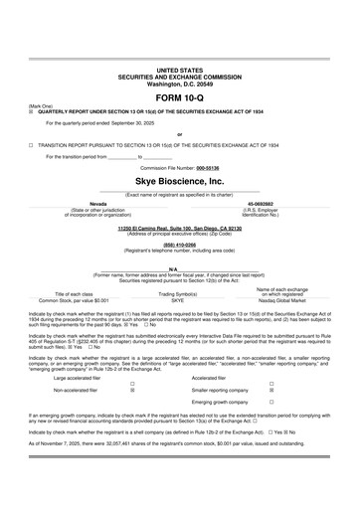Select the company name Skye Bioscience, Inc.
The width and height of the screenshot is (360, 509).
tap(179, 182)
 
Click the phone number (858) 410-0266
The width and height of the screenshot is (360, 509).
tap(179, 244)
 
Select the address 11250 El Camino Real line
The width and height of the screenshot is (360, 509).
tap(179, 228)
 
